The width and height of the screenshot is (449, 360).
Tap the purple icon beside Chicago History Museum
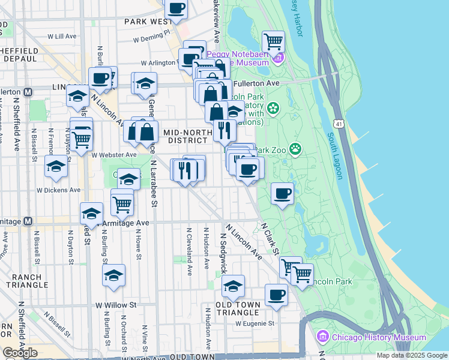(323, 337)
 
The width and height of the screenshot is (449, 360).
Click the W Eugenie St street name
(255, 323)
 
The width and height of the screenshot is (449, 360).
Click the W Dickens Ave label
(58, 190)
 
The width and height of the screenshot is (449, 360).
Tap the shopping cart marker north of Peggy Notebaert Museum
(273, 42)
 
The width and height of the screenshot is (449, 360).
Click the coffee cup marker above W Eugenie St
(276, 295)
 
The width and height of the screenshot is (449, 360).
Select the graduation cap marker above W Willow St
(113, 275)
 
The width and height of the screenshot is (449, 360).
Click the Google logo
(20, 353)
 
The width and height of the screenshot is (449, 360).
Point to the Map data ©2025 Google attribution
(411, 355)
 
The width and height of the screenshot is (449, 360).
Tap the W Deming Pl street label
(152, 39)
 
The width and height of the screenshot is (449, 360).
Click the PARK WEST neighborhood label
(148, 22)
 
